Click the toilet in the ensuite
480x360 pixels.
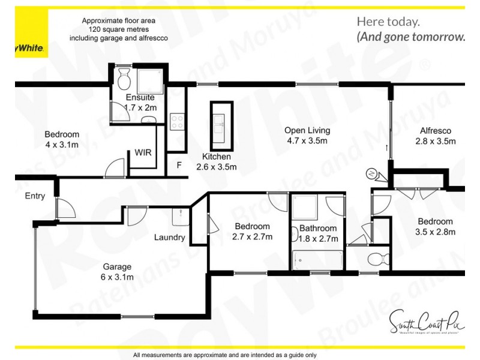click(x=124, y=77)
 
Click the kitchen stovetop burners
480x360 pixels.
click(x=178, y=122)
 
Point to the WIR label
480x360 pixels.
click(x=143, y=152)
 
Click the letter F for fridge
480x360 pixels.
click(x=179, y=165)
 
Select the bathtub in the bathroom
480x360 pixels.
click(x=316, y=260)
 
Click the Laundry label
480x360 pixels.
click(x=169, y=237)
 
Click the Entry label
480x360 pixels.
click(x=35, y=196)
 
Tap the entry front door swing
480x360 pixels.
click(x=65, y=208)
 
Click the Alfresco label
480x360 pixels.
click(x=435, y=130)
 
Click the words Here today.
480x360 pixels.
click(x=388, y=22)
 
